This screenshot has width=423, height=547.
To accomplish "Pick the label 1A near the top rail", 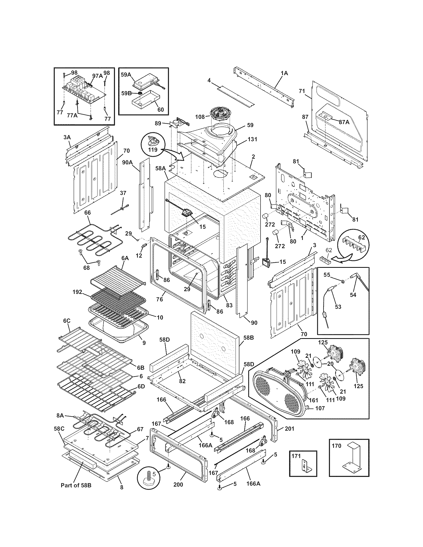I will (x=284, y=73).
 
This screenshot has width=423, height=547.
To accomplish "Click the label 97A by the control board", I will (x=98, y=76).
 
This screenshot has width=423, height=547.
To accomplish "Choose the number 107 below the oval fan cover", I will (x=320, y=408).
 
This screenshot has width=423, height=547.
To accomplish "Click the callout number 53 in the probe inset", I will (x=338, y=307).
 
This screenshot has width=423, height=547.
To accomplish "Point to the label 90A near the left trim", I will (x=127, y=162).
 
